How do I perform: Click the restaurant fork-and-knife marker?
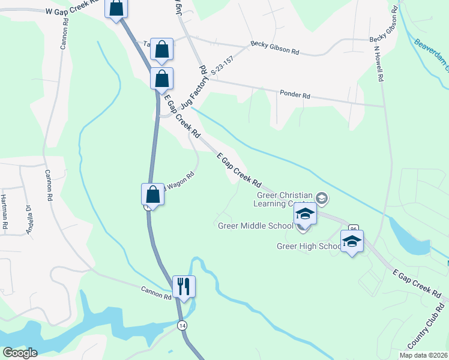click(184, 287)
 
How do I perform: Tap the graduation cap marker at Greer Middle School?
click(305, 214)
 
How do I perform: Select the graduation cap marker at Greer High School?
click(352, 242)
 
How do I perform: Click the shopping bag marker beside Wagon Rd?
click(153, 194)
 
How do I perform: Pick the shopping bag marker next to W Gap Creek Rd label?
click(116, 8)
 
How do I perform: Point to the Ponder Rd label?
click(295, 94)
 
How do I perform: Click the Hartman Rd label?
click(4, 213)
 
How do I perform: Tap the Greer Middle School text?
click(255, 226)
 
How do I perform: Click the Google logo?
click(20, 352)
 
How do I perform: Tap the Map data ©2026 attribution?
click(423, 355)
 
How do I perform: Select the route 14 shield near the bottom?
click(181, 325)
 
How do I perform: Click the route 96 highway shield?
click(353, 229)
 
